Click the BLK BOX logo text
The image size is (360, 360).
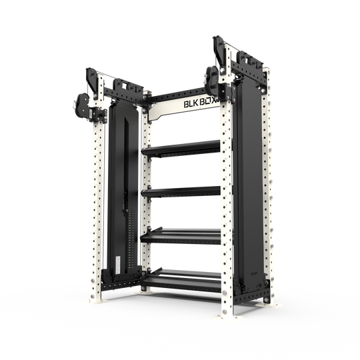pos(201,105)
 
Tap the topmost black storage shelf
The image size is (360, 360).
pos(181,147)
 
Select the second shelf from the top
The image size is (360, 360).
pos(181,192)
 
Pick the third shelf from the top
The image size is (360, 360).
pos(181,235)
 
